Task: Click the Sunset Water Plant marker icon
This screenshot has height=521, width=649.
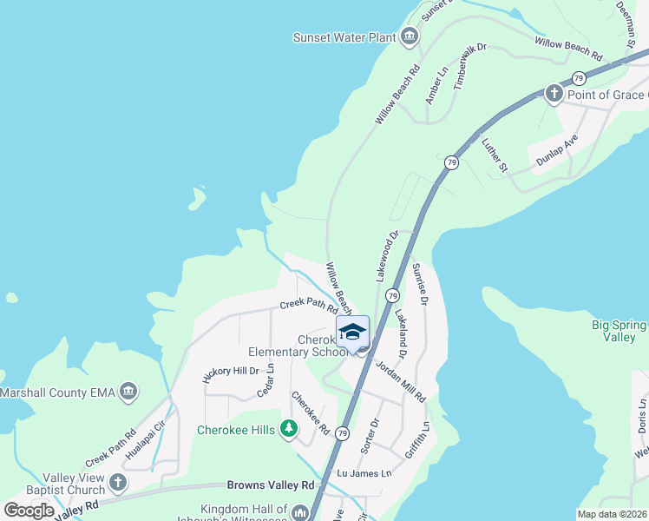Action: click(x=410, y=36)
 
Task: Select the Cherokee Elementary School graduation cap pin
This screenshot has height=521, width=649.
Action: click(x=353, y=333)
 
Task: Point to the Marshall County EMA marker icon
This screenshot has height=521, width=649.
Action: click(x=129, y=392)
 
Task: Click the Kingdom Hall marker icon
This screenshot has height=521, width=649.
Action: click(x=300, y=512)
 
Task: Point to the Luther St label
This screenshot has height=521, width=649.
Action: click(x=494, y=153)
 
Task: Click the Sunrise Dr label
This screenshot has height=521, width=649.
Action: click(x=421, y=283)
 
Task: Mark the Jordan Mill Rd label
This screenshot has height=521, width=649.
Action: click(x=400, y=380)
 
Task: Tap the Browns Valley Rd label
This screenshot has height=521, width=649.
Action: click(x=270, y=485)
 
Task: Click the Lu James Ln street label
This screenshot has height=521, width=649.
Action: click(x=364, y=473)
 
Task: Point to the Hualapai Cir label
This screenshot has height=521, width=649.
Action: click(x=146, y=439)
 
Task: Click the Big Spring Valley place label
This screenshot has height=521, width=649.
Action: click(x=619, y=331)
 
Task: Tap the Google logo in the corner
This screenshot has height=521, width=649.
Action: click(x=29, y=511)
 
